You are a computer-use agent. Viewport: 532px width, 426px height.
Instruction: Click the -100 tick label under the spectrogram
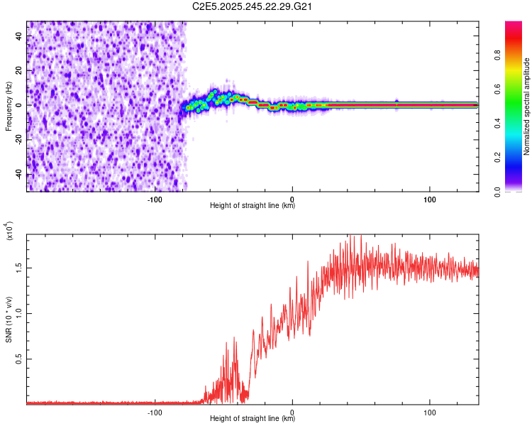click(155, 200)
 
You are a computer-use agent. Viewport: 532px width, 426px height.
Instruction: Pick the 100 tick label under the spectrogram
click(429, 200)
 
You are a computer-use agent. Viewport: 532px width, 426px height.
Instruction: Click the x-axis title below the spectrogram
click(253, 206)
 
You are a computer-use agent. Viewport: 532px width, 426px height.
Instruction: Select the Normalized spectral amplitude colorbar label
click(527, 106)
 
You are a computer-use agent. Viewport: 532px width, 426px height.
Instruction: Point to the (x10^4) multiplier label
click(9, 230)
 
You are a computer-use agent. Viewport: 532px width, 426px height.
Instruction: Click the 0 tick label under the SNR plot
click(292, 413)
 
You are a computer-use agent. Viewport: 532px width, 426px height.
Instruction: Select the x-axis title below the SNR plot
click(253, 419)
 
